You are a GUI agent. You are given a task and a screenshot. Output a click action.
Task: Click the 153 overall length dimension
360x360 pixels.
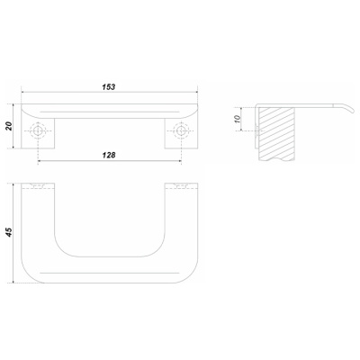[109, 87]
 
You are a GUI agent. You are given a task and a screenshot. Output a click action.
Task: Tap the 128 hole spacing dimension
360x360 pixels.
[109, 155]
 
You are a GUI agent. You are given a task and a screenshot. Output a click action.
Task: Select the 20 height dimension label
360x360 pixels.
[9, 126]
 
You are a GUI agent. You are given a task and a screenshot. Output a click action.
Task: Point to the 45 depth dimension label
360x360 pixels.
[9, 232]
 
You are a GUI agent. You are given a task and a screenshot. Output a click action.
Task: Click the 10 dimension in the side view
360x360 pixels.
[238, 119]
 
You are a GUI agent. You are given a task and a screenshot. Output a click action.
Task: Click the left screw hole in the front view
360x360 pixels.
[38, 130]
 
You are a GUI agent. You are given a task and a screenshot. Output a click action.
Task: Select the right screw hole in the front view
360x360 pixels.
[181, 130]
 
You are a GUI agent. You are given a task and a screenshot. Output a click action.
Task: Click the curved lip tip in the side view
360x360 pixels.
[353, 112]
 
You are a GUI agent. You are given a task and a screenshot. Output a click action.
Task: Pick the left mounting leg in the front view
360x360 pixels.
[38, 133]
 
